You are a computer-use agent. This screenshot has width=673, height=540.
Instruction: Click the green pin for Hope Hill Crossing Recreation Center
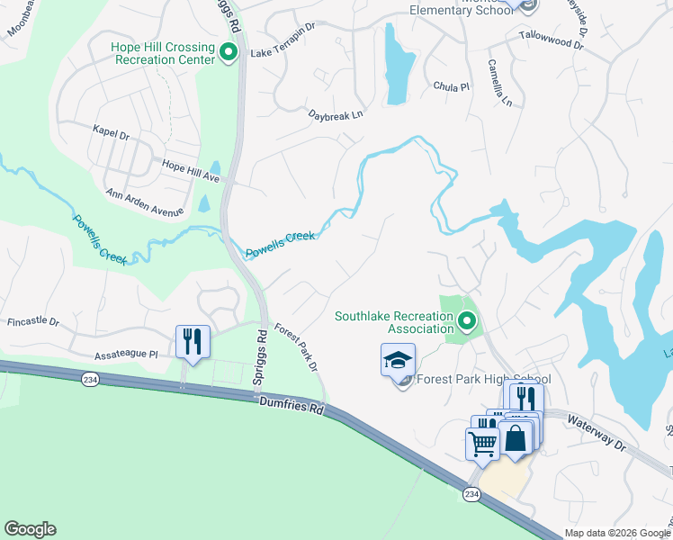229,53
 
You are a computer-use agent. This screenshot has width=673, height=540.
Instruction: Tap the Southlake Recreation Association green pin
466,321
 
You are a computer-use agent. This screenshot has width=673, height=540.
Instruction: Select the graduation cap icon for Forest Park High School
398,361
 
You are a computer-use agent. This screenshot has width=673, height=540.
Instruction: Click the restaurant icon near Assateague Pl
193,342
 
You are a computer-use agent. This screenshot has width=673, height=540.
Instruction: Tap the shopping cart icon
482,443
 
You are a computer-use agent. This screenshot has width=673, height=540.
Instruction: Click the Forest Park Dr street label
296,347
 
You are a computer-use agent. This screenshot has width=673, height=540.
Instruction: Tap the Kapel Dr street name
111,130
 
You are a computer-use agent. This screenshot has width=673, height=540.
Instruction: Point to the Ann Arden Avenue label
144,203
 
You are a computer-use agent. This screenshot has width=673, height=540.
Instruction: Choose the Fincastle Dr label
32,321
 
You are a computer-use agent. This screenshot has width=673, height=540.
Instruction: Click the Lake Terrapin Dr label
284,53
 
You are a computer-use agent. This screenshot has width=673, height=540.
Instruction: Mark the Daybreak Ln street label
336,115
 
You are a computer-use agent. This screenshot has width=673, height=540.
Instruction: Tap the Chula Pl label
452,87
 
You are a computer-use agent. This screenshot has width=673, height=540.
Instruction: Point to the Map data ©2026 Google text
616,533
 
